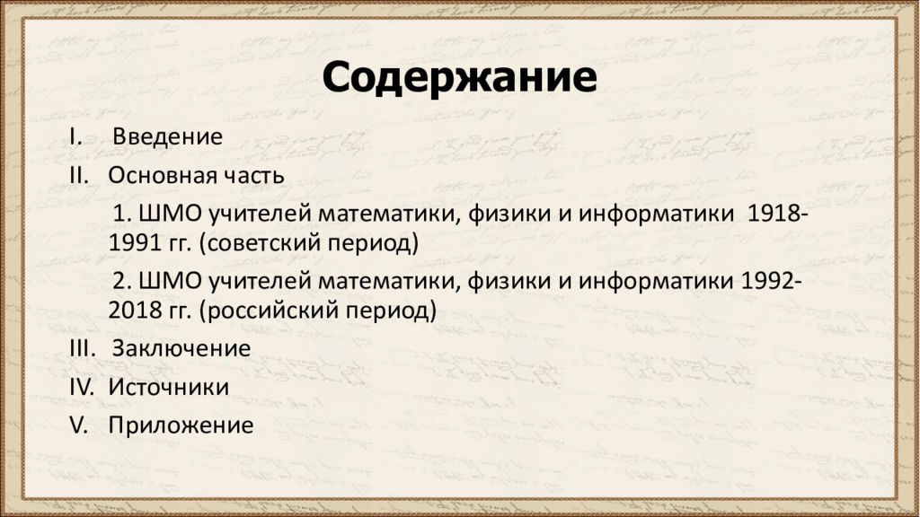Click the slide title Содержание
coord(459,79)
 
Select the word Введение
coord(168,137)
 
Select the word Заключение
coord(181,348)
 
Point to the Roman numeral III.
coord(82,348)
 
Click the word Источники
coord(169,387)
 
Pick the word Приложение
coord(181,425)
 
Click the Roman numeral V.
coord(78,425)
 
